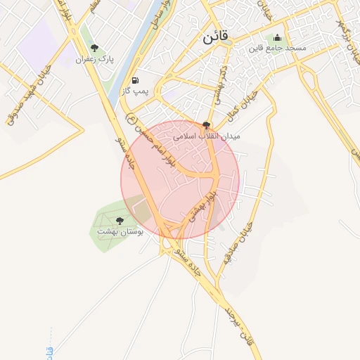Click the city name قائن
(216, 38)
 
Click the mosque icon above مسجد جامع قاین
(277, 38)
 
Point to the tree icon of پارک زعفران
(94, 49)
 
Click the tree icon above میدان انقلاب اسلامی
(206, 124)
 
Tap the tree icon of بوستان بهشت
(118, 220)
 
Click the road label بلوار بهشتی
(204, 202)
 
